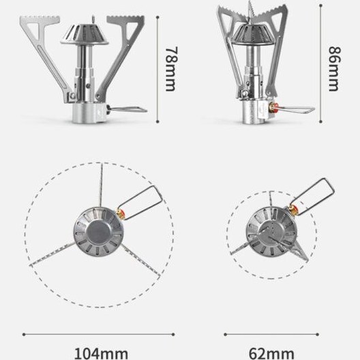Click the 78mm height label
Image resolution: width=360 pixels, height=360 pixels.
tap(171, 69)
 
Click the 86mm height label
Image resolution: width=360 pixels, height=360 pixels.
tap(335, 69)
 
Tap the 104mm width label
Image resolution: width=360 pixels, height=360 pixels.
tap(101, 354)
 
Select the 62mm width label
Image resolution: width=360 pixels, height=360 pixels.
tap(271, 354)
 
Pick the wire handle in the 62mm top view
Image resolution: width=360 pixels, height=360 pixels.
tap(313, 195)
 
